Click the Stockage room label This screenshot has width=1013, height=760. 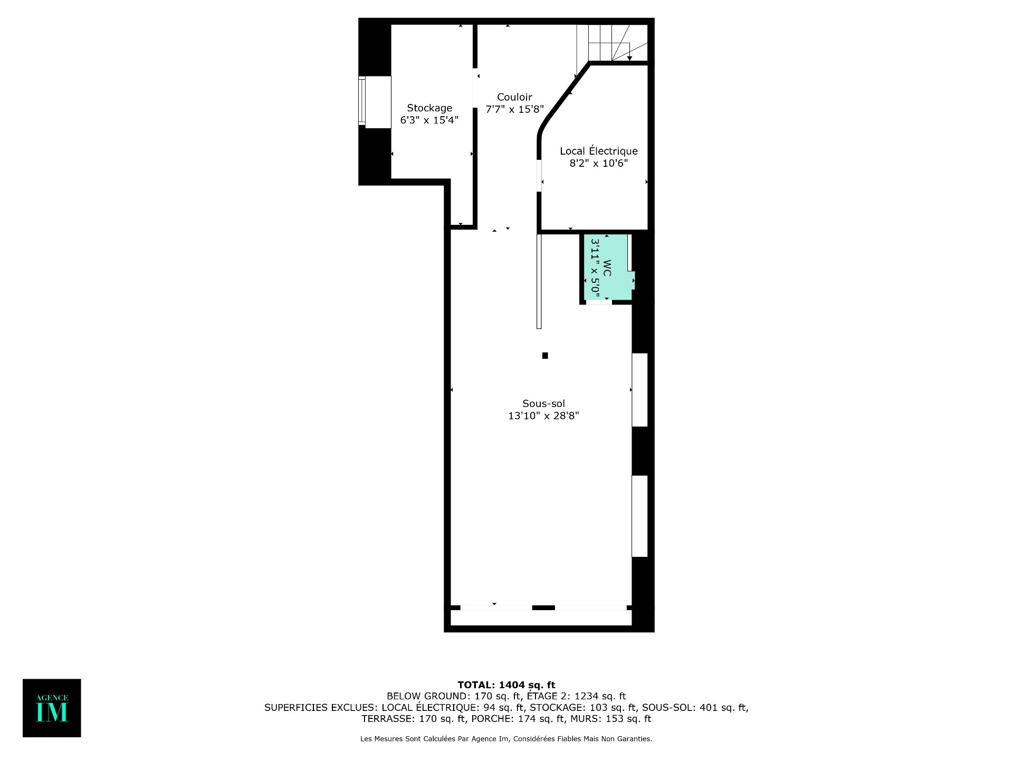click(x=429, y=108)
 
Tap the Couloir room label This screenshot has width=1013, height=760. click(x=514, y=97)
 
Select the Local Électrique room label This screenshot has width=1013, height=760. click(x=599, y=151)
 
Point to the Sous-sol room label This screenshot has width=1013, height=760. click(x=543, y=404)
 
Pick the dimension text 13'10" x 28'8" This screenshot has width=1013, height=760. click(x=543, y=416)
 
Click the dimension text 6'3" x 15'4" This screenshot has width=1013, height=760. click(x=429, y=120)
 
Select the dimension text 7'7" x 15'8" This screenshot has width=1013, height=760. click(x=514, y=109)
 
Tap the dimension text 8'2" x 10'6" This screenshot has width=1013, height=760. click(x=599, y=163)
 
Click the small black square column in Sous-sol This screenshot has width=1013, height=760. click(x=545, y=356)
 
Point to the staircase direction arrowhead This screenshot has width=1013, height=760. click(x=629, y=58)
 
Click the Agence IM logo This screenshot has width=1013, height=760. click(x=52, y=708)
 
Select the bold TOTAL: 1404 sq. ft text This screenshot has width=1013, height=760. click(x=506, y=685)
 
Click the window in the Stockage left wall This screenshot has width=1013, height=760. click(x=362, y=100)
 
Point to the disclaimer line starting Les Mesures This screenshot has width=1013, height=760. click(x=506, y=739)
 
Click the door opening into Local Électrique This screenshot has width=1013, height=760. click(x=539, y=176)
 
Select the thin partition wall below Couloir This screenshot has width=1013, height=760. click(x=539, y=281)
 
